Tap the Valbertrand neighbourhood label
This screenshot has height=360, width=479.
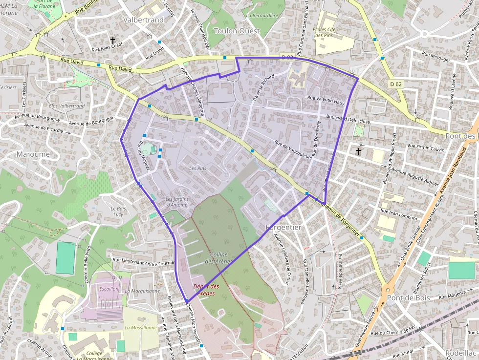(143, 20)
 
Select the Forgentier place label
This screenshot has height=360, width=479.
(283, 228)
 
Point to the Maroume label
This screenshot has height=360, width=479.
(33, 154)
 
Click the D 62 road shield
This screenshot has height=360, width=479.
(396, 84)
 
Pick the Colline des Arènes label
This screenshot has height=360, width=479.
(219, 258)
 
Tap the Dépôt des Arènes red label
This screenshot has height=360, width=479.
(206, 290)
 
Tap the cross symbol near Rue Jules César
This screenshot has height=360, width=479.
(113, 41)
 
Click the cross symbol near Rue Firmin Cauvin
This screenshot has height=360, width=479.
(359, 151)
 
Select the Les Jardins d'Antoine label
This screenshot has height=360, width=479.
(176, 202)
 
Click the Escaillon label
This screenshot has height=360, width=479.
(109, 289)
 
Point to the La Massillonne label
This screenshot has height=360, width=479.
(141, 327)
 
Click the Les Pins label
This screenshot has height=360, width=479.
(198, 169)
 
